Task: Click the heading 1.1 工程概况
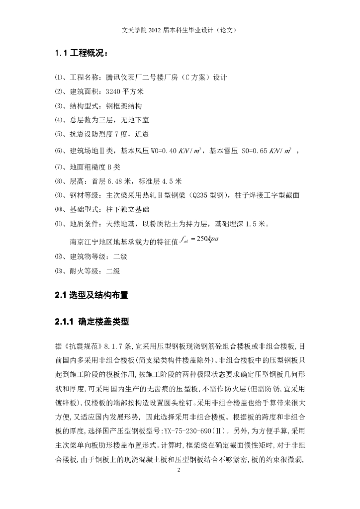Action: pos(83,53)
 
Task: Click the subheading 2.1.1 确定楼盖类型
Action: pos(92,322)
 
